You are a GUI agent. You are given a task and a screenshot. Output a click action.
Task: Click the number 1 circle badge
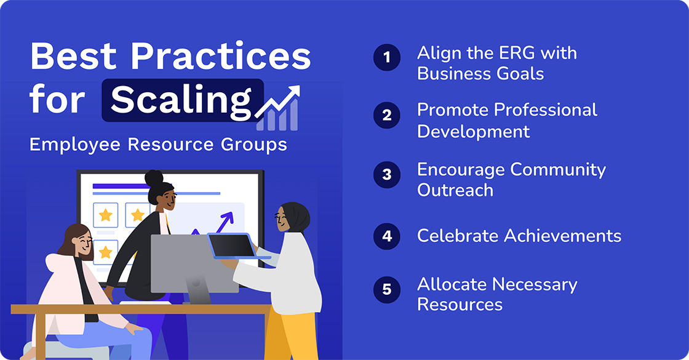coord(387,58)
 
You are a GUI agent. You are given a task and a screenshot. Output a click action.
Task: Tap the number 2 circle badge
coord(387,116)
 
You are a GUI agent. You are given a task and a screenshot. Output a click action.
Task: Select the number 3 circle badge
coord(387,174)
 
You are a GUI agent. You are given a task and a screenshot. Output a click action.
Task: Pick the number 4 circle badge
coord(387,236)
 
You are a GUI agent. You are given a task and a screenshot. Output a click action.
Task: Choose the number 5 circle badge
coord(387,289)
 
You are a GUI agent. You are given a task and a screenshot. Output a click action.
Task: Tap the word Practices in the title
coord(220,57)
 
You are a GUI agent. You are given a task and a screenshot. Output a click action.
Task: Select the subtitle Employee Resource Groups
coord(158,145)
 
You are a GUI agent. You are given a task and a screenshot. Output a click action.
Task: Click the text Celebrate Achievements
coord(519,236)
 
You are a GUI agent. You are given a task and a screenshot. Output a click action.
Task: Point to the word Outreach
coord(455,190)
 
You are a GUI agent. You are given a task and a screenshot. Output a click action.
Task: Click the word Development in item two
coord(473,131)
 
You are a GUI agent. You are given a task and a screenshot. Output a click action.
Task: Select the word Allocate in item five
coord(452,284)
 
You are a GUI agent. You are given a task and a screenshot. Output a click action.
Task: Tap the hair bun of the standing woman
coord(154,179)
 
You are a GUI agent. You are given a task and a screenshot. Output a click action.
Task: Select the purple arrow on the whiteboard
coord(225,222)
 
